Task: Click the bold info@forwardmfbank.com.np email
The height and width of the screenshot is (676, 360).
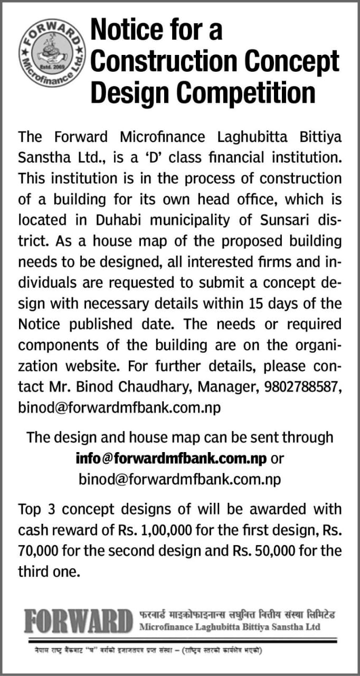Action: [x=170, y=458]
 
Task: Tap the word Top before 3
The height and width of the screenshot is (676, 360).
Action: [x=32, y=510]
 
